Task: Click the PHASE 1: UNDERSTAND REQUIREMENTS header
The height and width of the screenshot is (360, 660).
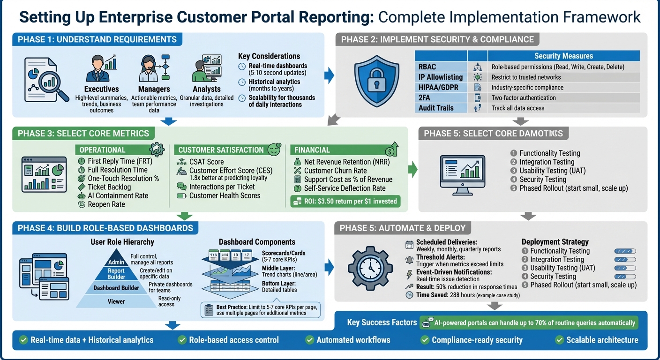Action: (97, 39)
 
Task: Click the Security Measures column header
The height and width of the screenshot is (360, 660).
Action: (563, 56)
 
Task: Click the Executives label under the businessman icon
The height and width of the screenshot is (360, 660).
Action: (101, 89)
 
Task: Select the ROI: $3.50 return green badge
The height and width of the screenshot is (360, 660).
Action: (345, 201)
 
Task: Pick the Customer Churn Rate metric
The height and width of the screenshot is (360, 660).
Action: (335, 171)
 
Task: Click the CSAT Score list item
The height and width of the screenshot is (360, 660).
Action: (206, 162)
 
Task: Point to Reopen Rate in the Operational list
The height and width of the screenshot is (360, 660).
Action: (106, 204)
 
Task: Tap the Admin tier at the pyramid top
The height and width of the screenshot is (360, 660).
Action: (116, 262)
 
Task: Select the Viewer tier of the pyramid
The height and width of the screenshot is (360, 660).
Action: (116, 301)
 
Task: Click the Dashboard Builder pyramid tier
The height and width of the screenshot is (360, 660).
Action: (116, 288)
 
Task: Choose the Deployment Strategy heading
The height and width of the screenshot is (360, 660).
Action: (555, 242)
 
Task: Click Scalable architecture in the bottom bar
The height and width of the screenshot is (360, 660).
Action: (602, 340)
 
